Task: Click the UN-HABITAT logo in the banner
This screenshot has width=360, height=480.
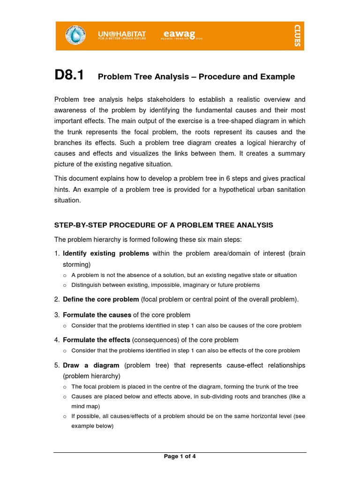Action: click(x=122, y=35)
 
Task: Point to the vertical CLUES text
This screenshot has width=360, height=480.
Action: click(x=297, y=36)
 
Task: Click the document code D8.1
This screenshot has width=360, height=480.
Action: click(x=69, y=75)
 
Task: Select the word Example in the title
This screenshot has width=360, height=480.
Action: click(x=277, y=77)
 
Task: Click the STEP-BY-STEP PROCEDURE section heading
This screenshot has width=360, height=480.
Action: click(x=164, y=225)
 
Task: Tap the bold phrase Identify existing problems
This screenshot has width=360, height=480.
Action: click(x=106, y=254)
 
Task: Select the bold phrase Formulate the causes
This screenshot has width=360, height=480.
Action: click(x=97, y=315)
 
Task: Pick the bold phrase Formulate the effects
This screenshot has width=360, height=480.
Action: click(x=97, y=340)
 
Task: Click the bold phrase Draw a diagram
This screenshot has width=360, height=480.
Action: click(x=91, y=365)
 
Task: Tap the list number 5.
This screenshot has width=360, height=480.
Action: click(x=56, y=365)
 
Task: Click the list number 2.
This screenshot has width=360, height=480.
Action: click(x=56, y=299)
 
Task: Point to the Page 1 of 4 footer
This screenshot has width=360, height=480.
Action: click(x=180, y=457)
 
